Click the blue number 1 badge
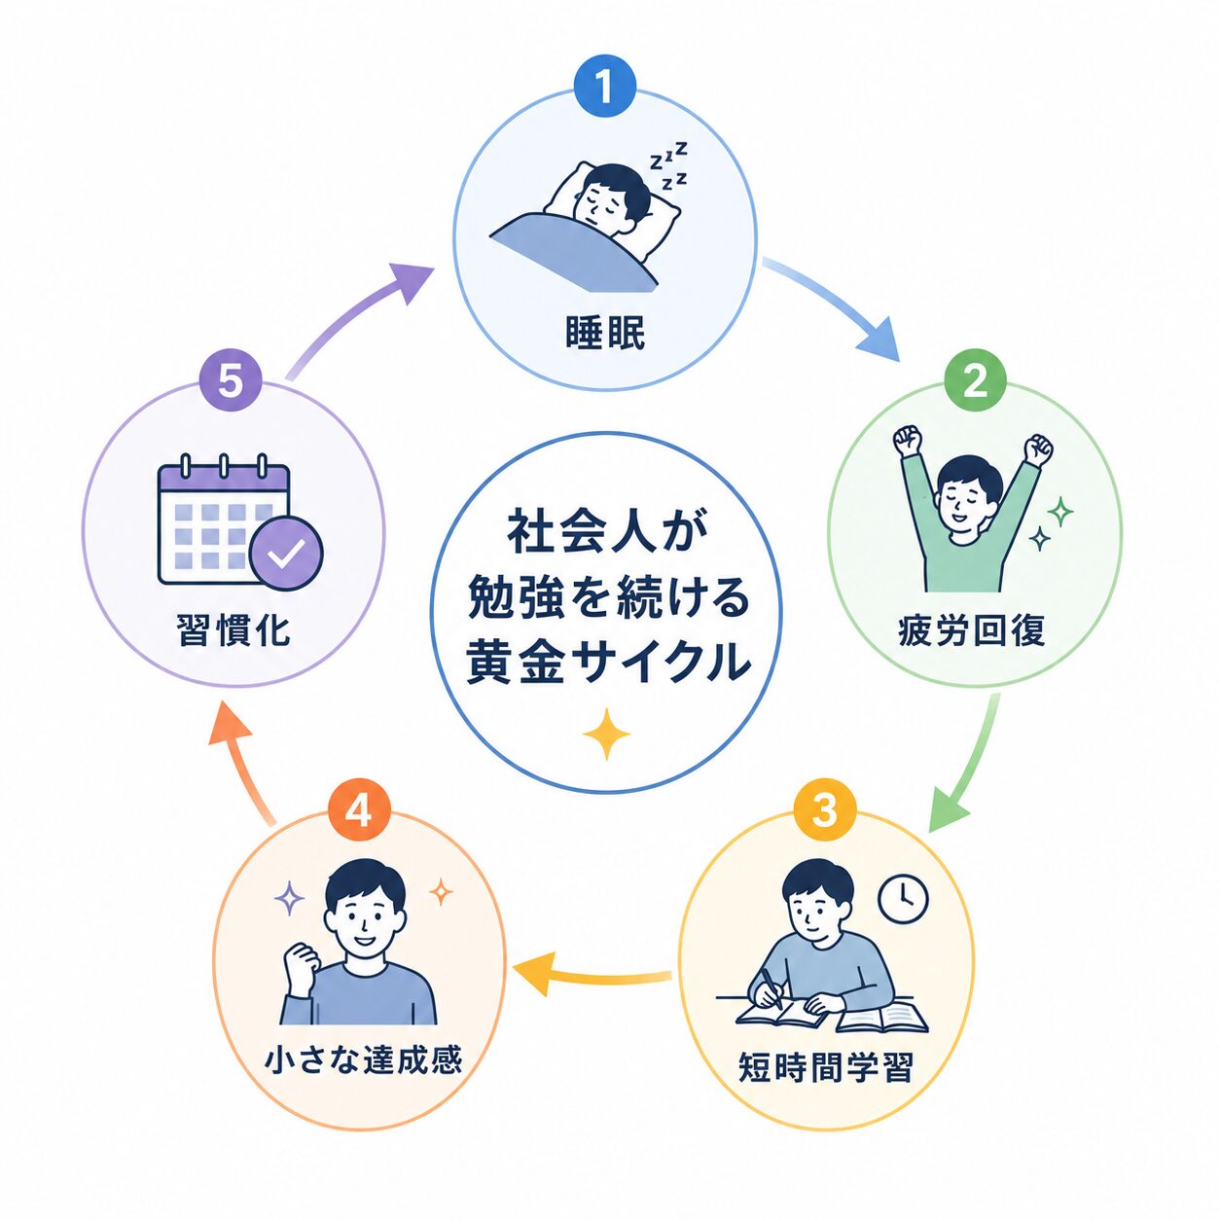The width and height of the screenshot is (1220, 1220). (604, 87)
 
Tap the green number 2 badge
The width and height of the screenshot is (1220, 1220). (975, 381)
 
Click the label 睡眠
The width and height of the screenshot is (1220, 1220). (605, 333)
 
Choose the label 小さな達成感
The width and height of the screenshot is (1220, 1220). (364, 1059)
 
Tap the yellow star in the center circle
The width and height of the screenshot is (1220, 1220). (606, 734)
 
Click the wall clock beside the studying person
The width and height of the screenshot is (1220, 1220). (904, 898)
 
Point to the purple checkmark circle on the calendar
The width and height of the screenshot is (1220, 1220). (286, 554)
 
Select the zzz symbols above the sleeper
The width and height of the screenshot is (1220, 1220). (668, 165)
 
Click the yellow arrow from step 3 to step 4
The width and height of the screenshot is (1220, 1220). (592, 978)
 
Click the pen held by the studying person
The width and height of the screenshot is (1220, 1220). (771, 987)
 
